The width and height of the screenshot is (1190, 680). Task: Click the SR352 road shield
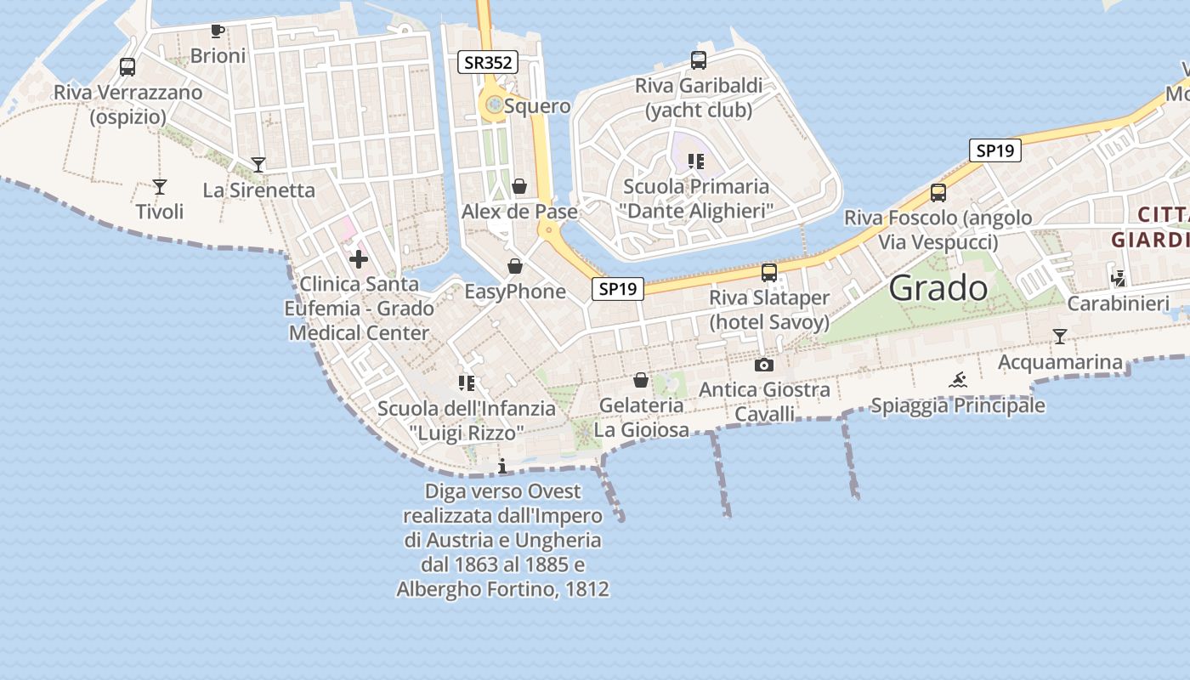tap(488, 62)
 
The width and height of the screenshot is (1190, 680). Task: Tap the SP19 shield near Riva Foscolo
tap(994, 150)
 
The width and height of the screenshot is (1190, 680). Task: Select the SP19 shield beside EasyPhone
tap(618, 289)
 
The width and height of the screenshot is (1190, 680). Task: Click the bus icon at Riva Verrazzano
tap(127, 66)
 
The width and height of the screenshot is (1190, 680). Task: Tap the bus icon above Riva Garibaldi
tap(699, 60)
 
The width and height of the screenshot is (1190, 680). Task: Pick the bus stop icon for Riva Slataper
tap(769, 272)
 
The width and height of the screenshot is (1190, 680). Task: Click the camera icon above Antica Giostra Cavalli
tap(764, 365)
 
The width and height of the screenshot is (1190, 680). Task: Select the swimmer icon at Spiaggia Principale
tap(958, 380)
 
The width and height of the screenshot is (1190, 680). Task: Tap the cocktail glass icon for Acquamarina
tap(1059, 337)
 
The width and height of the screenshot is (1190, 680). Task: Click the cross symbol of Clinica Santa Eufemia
tap(359, 258)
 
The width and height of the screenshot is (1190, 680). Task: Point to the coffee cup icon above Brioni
tap(218, 31)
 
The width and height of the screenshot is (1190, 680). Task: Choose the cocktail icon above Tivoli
tap(160, 186)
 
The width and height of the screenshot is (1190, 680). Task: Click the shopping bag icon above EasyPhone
tap(515, 266)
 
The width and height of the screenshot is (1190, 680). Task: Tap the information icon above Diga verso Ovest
tap(502, 466)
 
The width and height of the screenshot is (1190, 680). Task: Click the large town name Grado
tap(938, 289)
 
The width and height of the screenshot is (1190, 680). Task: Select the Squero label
tap(537, 106)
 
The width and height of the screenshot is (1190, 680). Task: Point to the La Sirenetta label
tap(259, 190)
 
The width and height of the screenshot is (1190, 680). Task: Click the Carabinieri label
tap(1119, 303)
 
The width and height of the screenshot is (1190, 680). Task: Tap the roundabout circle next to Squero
tap(493, 106)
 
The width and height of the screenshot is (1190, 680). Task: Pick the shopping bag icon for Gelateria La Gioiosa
tap(641, 380)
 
